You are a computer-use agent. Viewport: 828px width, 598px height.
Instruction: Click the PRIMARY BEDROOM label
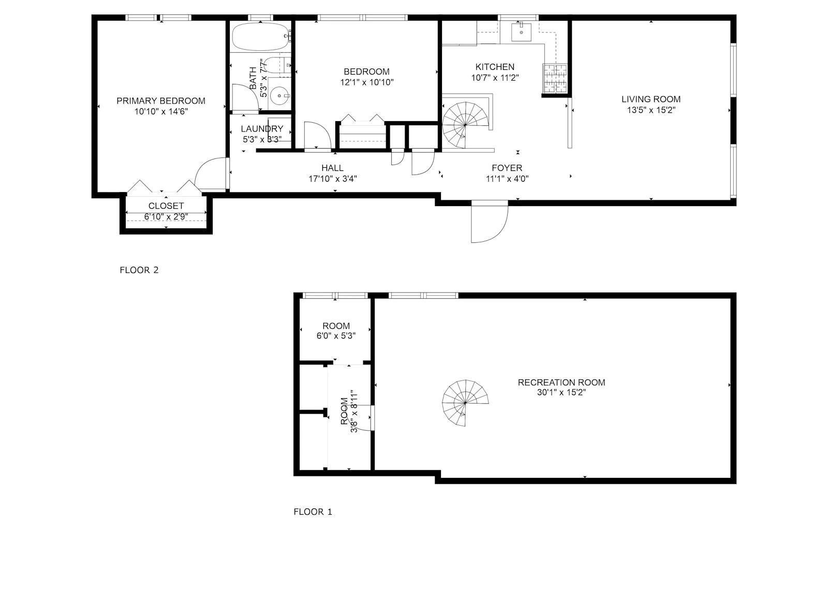point(160,101)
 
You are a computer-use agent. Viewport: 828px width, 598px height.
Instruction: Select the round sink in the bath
point(280,95)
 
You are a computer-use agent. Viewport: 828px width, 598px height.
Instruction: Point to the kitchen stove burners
point(555,79)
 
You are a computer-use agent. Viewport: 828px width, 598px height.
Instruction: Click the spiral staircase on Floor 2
point(465,125)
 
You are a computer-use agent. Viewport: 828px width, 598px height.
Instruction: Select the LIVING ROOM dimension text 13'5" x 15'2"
point(651,110)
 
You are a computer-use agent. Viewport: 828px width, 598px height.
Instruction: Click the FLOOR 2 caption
point(139,270)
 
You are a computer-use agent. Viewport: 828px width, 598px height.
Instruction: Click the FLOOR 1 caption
point(313,512)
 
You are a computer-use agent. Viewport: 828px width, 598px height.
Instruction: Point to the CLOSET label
point(166,206)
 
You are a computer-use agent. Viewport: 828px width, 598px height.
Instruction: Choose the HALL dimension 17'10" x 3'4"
point(332,179)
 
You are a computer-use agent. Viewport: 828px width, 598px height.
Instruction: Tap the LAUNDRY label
point(262,129)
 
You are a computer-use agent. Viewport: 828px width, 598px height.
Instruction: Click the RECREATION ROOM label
point(561,383)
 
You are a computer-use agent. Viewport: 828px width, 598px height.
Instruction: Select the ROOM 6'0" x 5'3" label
point(336,326)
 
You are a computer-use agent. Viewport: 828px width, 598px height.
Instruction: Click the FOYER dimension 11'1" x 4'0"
point(507,179)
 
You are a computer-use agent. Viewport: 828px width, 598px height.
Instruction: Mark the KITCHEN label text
point(495,67)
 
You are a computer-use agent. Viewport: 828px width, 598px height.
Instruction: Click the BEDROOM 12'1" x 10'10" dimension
point(366,82)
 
